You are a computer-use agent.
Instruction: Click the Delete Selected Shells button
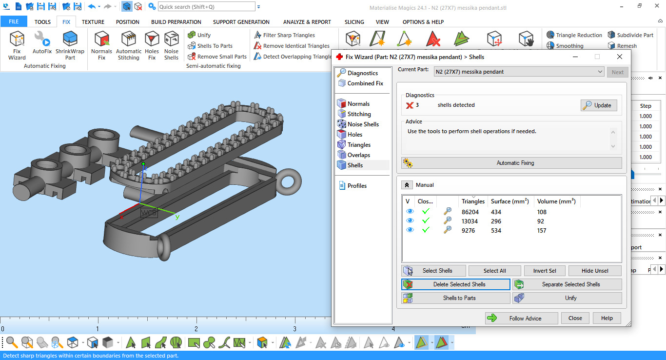coord(455,284)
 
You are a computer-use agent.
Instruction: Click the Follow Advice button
coord(521,318)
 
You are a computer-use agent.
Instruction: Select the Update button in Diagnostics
coord(599,105)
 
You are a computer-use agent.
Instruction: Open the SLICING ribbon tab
coord(354,22)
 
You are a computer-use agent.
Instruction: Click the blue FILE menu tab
coord(14,22)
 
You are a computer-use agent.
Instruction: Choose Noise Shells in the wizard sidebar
coord(363,124)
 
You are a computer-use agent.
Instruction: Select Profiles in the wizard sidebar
coord(356,186)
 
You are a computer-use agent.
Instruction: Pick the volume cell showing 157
coord(541,231)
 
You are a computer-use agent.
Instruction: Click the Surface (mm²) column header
coord(509,201)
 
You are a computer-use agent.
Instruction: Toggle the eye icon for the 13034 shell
coord(410,221)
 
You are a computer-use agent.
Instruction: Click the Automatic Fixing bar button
coord(511,163)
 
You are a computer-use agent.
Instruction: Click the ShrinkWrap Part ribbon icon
coord(70,44)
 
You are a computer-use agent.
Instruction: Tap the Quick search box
coord(206,7)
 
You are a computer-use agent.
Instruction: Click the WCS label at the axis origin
coord(149,213)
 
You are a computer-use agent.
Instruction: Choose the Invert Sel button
coord(544,271)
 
